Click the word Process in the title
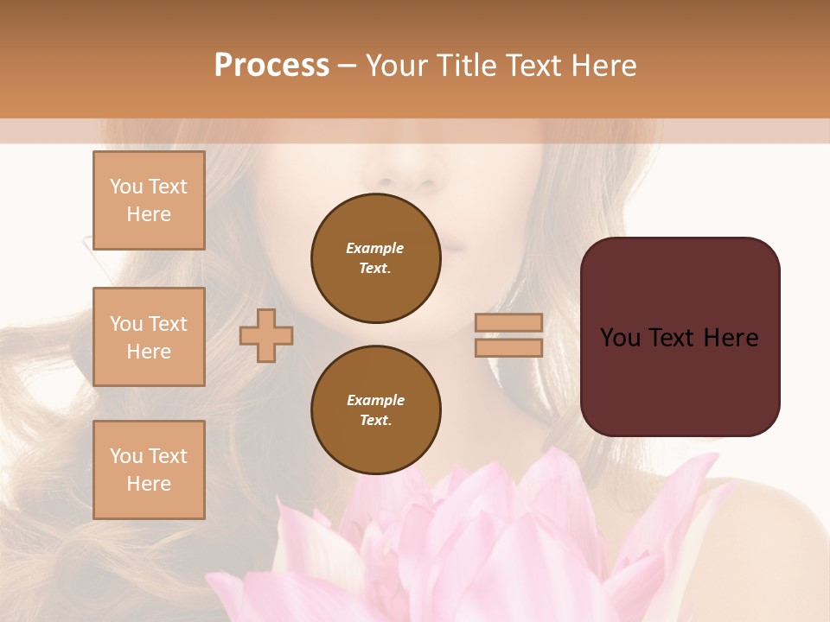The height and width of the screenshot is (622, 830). pos(271,66)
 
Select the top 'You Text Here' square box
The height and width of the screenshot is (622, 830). pos(149,200)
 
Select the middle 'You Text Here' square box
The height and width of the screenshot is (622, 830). pos(149,337)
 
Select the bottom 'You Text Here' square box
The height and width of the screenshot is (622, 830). pos(149,470)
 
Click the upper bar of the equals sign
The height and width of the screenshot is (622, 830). pos(508,323)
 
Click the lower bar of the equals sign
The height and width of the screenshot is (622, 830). pos(508,348)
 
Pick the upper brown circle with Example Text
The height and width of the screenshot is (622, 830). pos(375,258)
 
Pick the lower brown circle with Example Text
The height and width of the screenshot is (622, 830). pos(375,410)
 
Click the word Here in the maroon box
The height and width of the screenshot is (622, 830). pos(731,338)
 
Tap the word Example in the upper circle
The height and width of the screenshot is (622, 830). pos(375,248)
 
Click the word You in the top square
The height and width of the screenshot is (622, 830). pos(126,187)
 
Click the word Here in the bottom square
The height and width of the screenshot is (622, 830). pos(149,484)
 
